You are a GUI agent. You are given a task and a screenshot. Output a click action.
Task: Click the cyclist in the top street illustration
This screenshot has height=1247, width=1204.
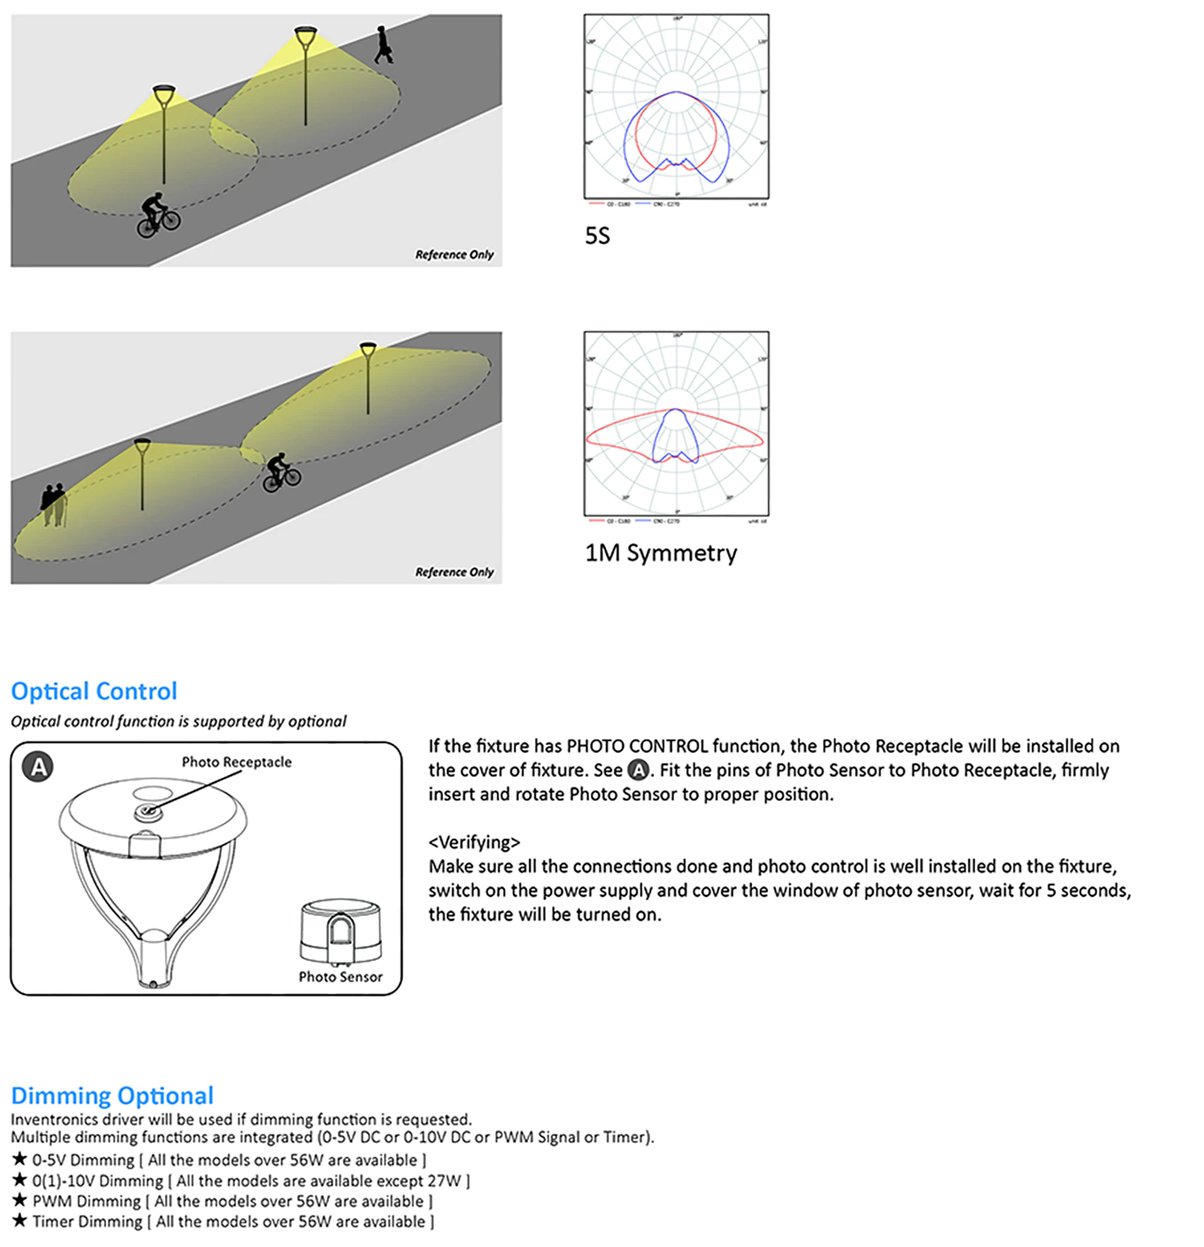[158, 214]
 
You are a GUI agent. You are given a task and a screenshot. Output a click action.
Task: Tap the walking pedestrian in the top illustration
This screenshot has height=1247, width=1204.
[383, 44]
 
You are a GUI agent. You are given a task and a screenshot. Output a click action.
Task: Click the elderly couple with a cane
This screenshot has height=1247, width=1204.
[53, 504]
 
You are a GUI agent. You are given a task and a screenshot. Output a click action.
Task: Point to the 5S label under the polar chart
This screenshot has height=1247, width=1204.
[597, 236]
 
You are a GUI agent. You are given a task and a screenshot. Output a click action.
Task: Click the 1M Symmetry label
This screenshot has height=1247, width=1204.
[661, 554]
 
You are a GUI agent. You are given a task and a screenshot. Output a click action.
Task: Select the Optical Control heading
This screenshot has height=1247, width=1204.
[94, 691]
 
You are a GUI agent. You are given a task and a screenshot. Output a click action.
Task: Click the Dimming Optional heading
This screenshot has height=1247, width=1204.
[112, 1095]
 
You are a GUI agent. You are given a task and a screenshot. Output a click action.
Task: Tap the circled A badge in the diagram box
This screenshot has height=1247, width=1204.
[38, 767]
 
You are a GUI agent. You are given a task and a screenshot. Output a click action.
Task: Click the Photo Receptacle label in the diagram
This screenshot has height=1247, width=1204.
[236, 762]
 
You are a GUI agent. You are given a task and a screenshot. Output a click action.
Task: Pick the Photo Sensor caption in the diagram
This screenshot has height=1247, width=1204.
[340, 977]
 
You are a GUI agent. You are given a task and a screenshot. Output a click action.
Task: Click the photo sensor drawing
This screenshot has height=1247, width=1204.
[340, 933]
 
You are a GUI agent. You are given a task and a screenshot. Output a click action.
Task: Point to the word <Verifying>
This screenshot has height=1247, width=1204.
[474, 842]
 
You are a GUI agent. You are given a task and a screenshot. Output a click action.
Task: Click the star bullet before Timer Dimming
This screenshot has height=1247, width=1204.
[20, 1221]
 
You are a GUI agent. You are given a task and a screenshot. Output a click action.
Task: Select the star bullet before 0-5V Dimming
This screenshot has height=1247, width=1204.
[20, 1159]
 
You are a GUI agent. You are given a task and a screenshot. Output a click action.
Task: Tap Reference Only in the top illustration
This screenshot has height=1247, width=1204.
[454, 255]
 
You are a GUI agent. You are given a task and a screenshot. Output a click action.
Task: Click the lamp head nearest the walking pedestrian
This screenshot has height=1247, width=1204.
[306, 35]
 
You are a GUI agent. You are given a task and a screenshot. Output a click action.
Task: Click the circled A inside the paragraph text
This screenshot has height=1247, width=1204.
[638, 770]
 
